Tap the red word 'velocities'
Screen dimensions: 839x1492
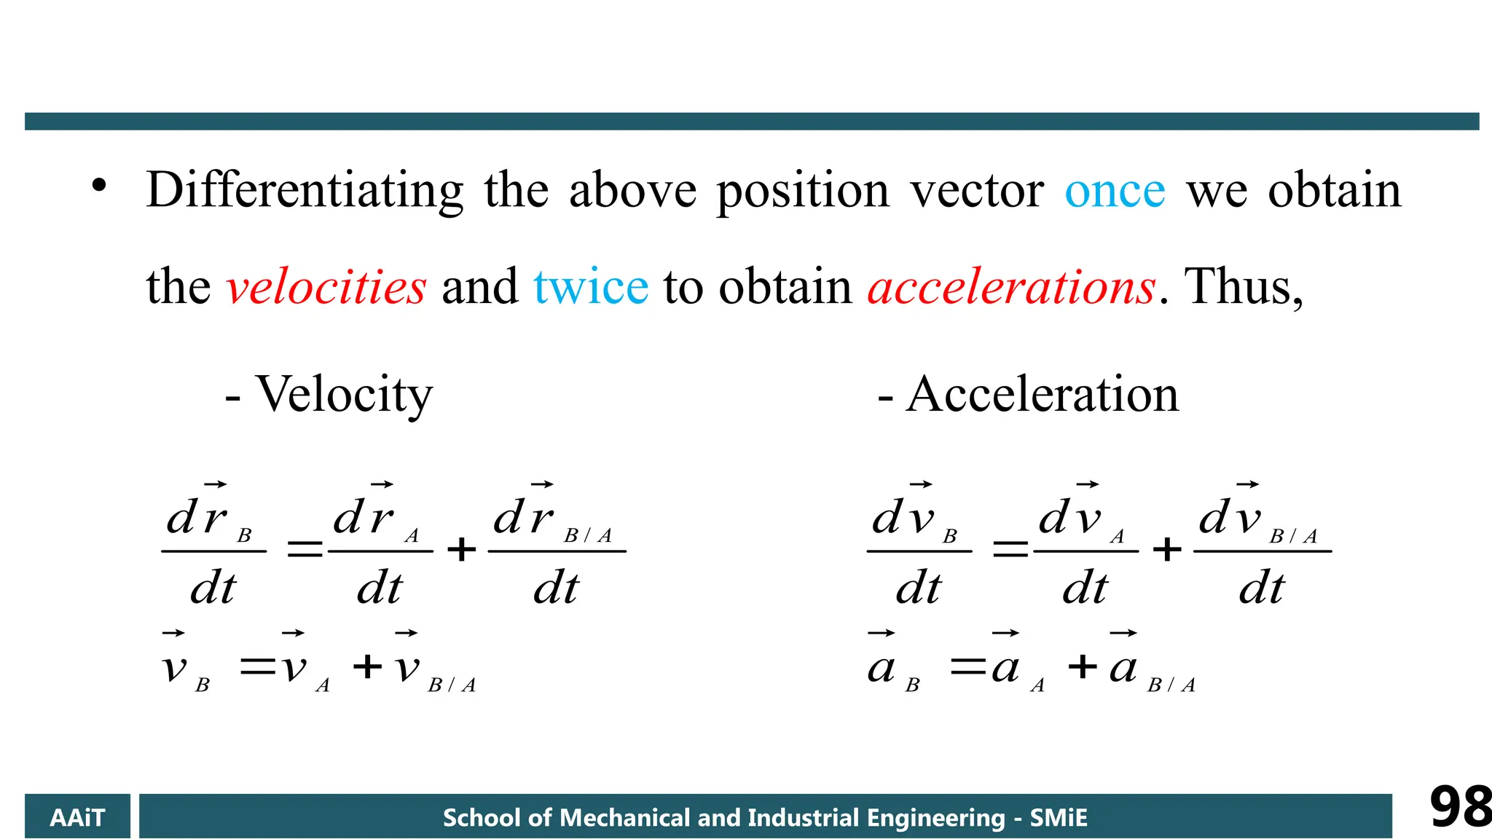[x=326, y=287]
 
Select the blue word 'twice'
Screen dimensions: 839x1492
[x=590, y=287]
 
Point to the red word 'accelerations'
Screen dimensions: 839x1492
[x=1011, y=287]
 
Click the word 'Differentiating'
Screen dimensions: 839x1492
[x=305, y=191]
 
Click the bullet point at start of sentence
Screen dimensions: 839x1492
[x=99, y=186]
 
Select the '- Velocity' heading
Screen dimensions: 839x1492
[x=329, y=394]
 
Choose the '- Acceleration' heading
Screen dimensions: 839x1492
[x=1028, y=394]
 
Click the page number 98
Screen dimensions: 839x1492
[x=1459, y=807]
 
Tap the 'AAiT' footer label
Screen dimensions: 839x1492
[x=77, y=817]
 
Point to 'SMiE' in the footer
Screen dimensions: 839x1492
[x=1058, y=817]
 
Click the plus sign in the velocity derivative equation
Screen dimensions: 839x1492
[x=461, y=549]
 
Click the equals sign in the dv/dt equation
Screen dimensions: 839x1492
[x=1010, y=549]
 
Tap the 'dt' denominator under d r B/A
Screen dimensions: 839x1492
[x=556, y=588]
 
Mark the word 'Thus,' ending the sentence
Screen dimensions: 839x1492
[x=1244, y=287]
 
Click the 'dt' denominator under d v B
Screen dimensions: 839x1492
[x=919, y=588]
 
